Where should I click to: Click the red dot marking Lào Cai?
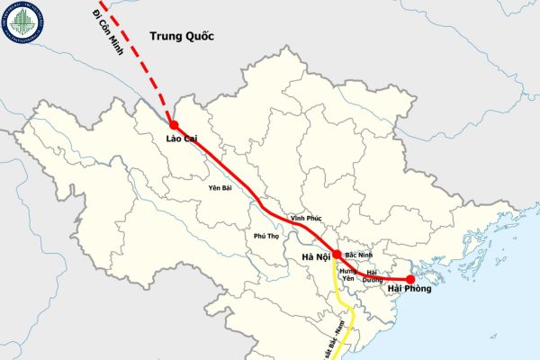174,125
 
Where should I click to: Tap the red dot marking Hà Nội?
336,255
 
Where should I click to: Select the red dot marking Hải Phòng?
410,279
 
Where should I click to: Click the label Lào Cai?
184,139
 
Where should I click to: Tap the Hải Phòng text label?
410,290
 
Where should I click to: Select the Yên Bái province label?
220,189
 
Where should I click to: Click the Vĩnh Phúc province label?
306,219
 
